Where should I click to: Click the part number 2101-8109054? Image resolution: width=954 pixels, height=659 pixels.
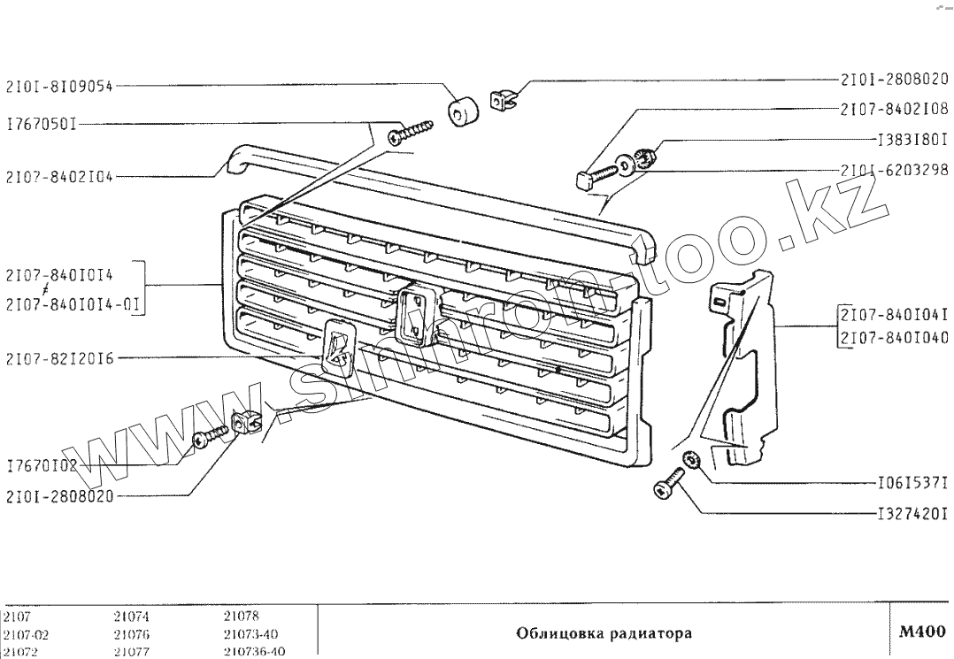pos(59,87)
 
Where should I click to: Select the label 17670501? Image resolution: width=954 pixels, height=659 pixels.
pos(41,125)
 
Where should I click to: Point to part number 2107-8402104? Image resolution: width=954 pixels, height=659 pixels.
pos(59,176)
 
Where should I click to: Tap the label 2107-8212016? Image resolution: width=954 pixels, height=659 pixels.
pos(59,358)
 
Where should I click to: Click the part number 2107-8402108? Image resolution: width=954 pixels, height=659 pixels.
pos(893,110)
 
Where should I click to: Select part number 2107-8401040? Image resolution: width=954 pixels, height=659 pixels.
pos(893,337)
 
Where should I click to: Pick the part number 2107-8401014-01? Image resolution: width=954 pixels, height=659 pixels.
pos(74,305)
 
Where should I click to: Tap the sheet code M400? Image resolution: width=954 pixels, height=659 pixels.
pos(921,632)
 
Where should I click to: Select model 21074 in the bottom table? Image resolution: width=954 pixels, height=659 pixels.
pos(131,617)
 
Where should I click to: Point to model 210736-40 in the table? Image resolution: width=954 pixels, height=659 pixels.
pos(254,651)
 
